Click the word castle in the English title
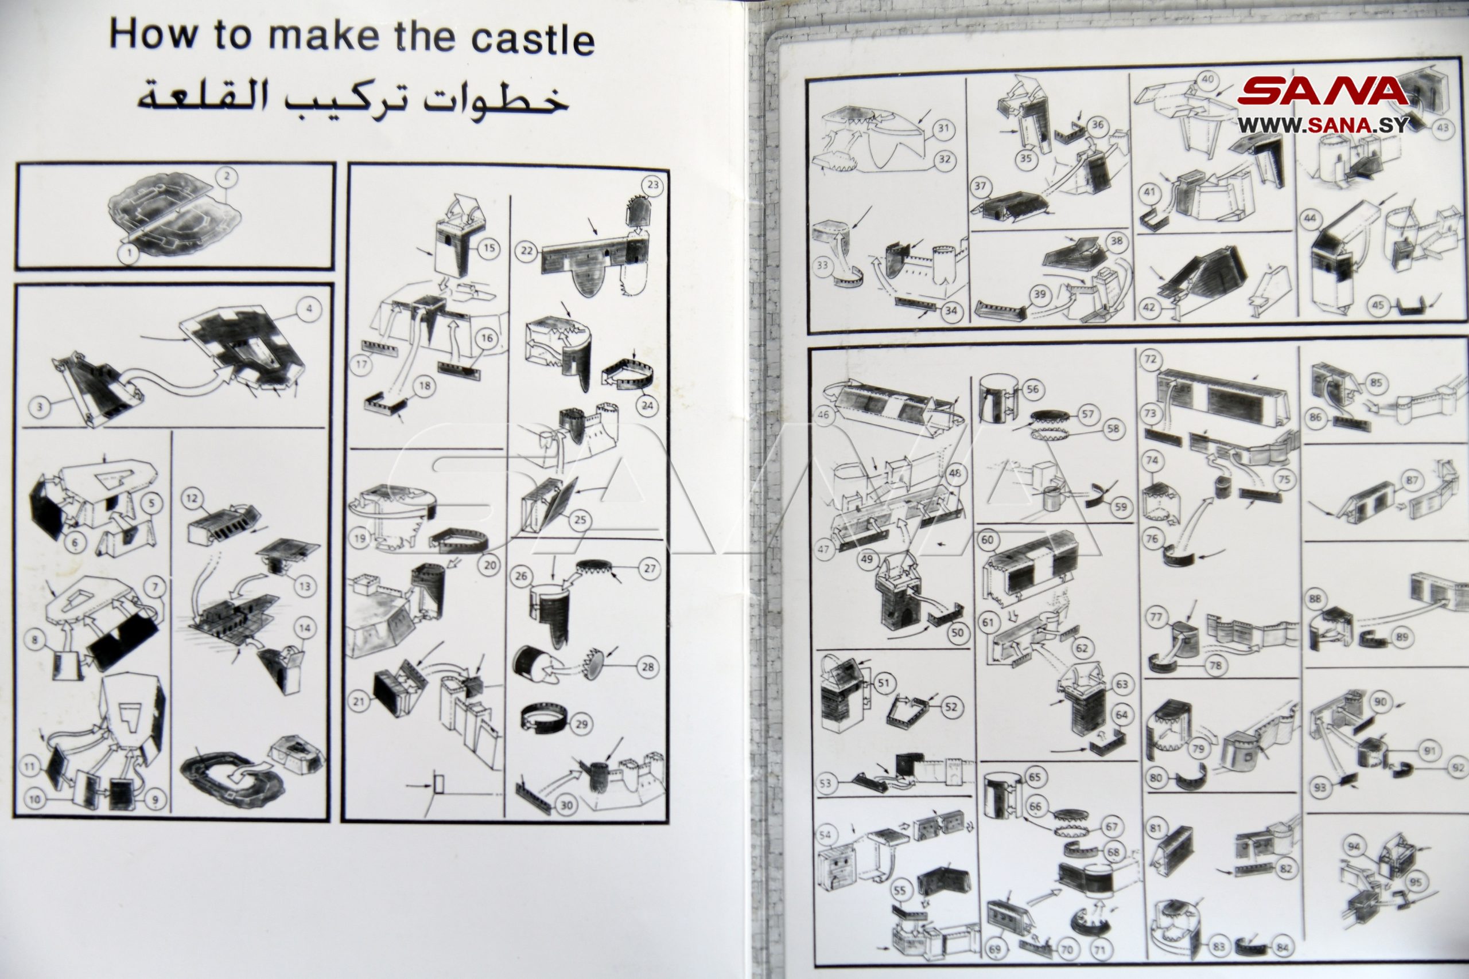(x=532, y=38)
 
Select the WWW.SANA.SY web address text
(x=1323, y=126)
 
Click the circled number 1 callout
(x=129, y=253)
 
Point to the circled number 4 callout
(x=309, y=309)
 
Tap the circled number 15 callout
(x=489, y=248)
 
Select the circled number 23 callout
(x=652, y=185)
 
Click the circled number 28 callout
(x=648, y=668)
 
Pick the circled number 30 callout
(x=566, y=805)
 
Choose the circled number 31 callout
(x=943, y=129)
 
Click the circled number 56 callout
(x=1032, y=389)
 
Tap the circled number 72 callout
(x=1150, y=360)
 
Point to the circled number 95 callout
(x=1415, y=882)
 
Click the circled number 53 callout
(x=826, y=783)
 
